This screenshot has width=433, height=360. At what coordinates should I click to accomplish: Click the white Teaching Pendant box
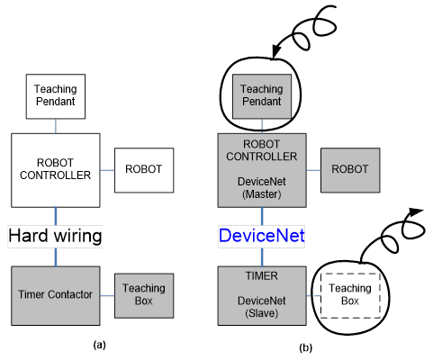[56, 96]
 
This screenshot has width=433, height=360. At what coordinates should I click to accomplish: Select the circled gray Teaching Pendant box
[262, 96]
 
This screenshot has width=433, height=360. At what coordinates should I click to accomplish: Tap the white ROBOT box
[144, 170]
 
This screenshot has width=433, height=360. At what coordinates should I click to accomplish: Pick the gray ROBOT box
[350, 170]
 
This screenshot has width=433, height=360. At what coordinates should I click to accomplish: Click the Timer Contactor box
[56, 295]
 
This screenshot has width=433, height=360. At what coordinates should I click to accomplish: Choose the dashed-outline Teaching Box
[350, 295]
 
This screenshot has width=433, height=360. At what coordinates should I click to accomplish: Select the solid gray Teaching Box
[144, 295]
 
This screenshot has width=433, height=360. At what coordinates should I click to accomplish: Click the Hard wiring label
[55, 236]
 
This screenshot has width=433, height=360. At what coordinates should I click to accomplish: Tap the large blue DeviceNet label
[262, 236]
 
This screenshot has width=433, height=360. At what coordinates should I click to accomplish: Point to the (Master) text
[262, 194]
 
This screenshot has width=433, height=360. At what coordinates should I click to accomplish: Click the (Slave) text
[262, 313]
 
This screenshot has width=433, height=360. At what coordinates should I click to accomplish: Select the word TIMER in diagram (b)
[262, 276]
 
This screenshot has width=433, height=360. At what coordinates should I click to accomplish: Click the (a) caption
[100, 345]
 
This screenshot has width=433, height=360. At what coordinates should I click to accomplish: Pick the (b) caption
[306, 347]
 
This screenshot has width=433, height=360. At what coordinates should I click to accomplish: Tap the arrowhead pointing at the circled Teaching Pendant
[276, 51]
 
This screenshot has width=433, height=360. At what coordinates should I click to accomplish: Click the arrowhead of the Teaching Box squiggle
[416, 211]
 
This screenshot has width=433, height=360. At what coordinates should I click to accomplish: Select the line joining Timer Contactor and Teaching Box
[107, 296]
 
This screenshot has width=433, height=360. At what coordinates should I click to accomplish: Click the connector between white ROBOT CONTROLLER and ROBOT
[107, 170]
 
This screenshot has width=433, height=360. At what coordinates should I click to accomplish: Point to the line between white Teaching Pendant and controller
[56, 126]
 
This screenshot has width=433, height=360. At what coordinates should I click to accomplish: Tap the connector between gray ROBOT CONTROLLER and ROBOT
[313, 170]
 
